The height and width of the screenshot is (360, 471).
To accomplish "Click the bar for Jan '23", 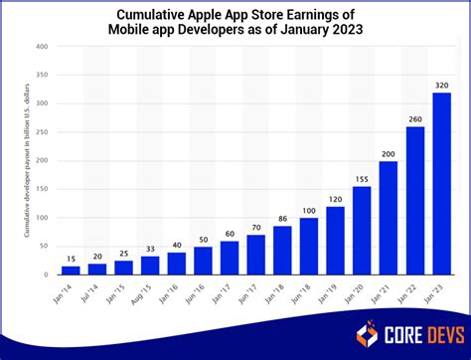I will click(x=442, y=183).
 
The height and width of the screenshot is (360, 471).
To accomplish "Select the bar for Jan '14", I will click(x=70, y=270).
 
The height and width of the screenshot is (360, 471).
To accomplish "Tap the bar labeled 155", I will click(x=362, y=230).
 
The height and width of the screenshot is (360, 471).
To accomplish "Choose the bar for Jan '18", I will click(x=282, y=250).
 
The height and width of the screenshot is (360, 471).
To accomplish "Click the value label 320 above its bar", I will click(x=442, y=85).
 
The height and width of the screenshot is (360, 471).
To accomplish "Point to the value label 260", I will click(x=415, y=118).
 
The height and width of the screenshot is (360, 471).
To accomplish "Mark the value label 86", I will click(x=282, y=218).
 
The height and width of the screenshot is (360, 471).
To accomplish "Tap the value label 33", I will click(x=150, y=248).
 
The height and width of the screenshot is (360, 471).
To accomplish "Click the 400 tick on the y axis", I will click(x=43, y=47).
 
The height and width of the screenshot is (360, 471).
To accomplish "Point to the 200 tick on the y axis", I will click(x=43, y=160).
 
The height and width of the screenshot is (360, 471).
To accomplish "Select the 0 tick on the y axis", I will click(x=47, y=274).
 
